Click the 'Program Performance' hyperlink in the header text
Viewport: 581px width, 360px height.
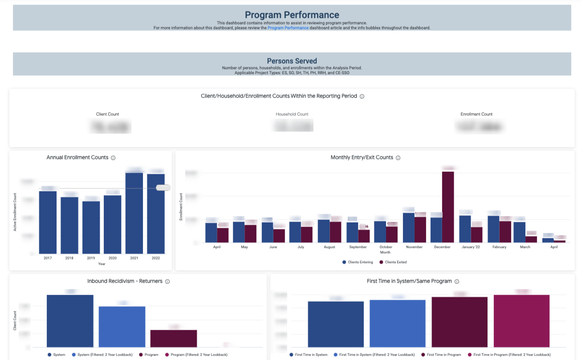[288, 28]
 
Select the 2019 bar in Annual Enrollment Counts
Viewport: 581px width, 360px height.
[91, 227]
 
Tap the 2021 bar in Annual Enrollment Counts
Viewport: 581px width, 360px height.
[134, 213]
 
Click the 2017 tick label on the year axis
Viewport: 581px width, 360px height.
[48, 258]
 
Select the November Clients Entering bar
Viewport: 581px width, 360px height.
[409, 227]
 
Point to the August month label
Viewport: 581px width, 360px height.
[329, 247]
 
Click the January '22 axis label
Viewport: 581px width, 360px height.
[471, 247]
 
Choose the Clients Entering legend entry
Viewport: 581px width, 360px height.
[358, 262]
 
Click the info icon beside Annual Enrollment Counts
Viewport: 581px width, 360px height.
[113, 158]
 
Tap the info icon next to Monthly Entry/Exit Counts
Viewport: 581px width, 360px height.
[398, 158]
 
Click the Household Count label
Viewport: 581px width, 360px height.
[292, 114]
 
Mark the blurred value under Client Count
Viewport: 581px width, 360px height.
[110, 126]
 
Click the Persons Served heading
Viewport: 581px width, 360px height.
[292, 61]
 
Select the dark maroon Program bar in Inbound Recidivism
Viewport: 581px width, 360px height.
[174, 339]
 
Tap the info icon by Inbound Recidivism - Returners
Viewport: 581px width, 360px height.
[167, 282]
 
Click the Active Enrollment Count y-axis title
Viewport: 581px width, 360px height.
[15, 212]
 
